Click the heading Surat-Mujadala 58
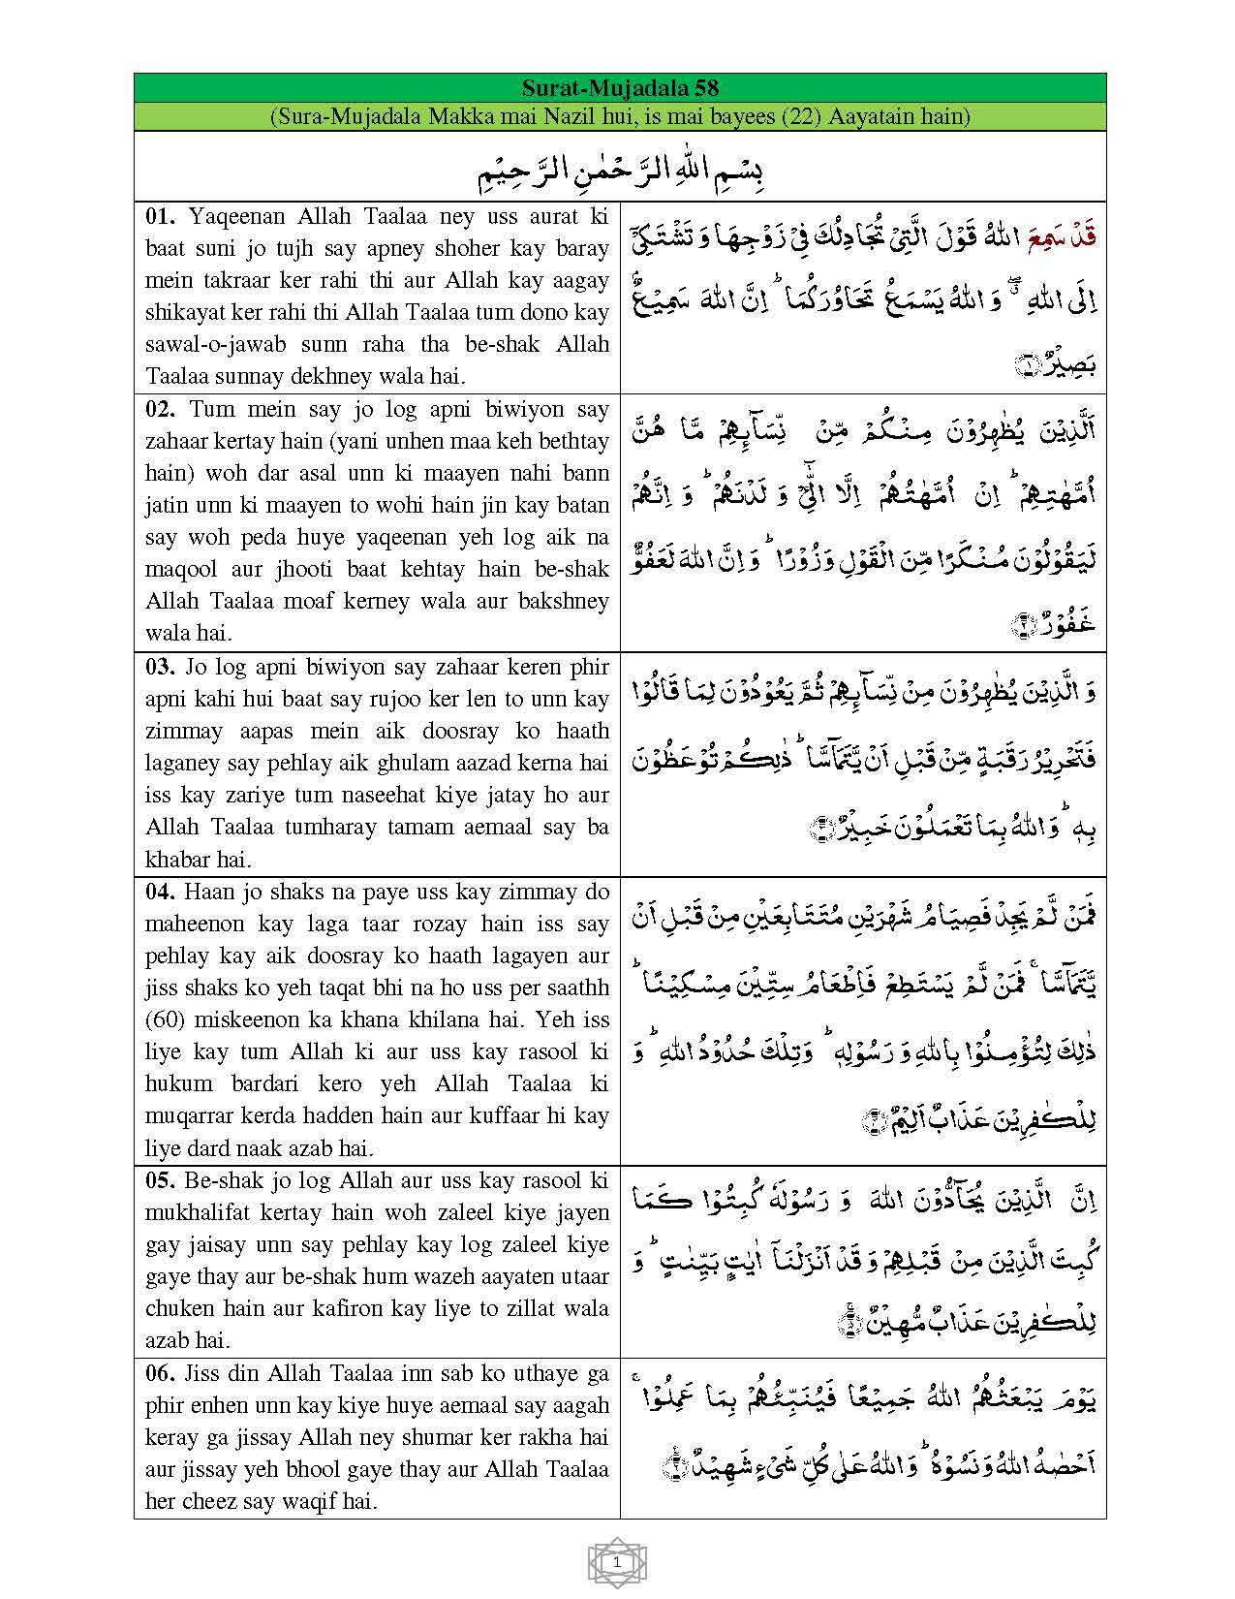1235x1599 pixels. point(620,87)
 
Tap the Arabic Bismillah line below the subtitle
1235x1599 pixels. point(620,171)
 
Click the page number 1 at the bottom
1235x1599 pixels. point(617,1562)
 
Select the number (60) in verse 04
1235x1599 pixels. point(165,1019)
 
